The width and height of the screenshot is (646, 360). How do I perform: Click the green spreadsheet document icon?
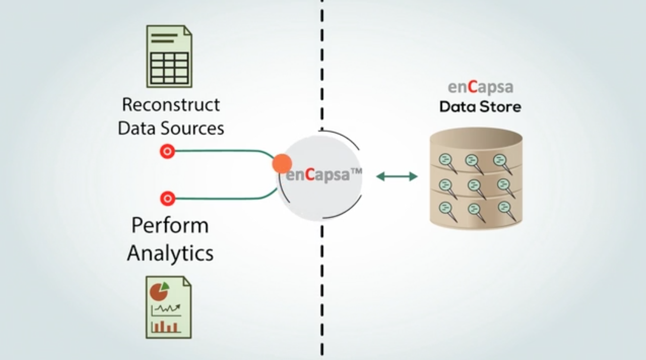point(169,56)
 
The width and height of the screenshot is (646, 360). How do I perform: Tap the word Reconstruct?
point(171,105)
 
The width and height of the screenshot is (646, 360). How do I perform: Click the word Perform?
point(170,225)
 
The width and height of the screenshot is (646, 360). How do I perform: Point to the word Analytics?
point(170,253)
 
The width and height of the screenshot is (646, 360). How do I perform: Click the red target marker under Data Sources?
point(167,152)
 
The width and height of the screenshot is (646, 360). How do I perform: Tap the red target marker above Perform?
point(167,198)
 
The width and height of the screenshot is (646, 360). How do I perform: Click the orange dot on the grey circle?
point(282,164)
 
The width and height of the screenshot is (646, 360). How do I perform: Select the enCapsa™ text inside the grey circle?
point(323,174)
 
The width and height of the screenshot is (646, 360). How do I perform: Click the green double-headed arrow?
point(397,176)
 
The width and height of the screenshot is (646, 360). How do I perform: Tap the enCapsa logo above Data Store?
point(480,87)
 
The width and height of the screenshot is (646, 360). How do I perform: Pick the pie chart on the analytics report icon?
point(159,291)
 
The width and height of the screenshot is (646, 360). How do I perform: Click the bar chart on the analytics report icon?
point(164,326)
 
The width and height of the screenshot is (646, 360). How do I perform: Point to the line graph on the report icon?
point(166,309)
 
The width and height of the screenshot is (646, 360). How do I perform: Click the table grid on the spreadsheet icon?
point(169,68)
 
